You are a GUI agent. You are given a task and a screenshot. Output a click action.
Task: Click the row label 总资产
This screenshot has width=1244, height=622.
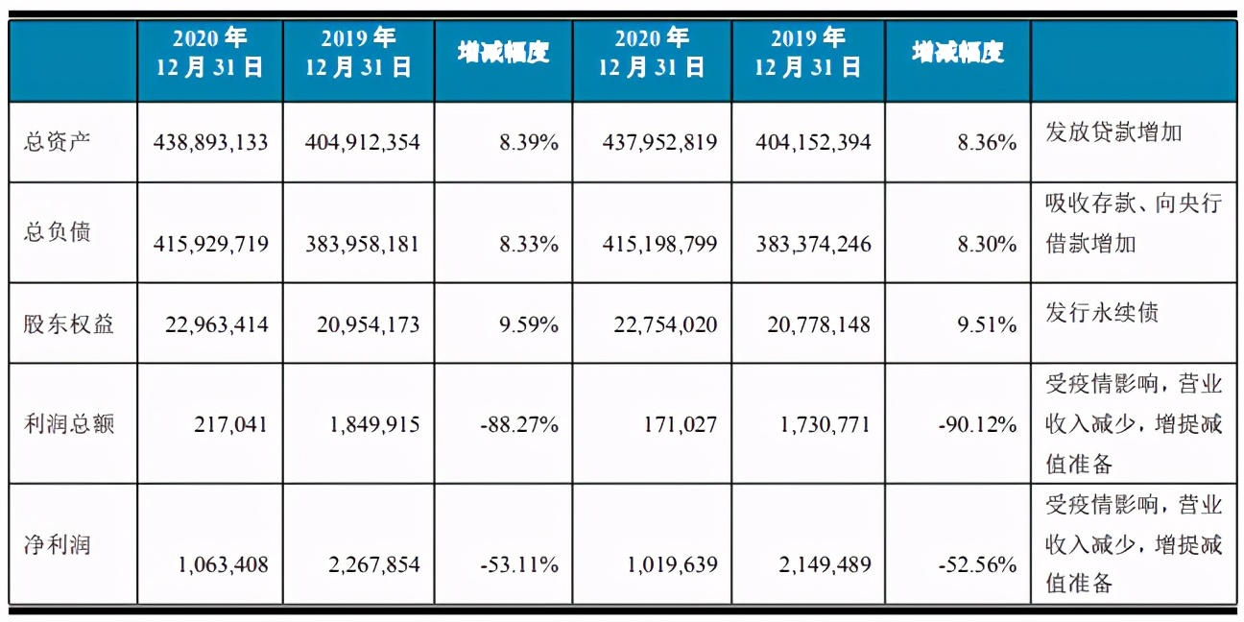tap(58, 143)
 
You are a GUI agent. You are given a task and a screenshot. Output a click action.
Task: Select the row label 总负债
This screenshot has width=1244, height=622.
tap(58, 232)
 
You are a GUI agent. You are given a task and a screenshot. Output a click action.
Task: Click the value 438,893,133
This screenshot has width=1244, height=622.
tap(210, 143)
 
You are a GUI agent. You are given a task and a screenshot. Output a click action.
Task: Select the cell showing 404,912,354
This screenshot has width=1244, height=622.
tap(362, 143)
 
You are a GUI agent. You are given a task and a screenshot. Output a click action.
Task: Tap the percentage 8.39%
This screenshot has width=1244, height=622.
tap(527, 143)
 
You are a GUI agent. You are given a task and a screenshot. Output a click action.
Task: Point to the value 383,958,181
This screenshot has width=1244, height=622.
tap(362, 244)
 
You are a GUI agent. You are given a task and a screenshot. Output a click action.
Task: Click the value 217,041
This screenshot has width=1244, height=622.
tap(230, 423)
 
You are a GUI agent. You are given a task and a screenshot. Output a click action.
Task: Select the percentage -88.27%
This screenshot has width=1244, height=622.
tap(519, 423)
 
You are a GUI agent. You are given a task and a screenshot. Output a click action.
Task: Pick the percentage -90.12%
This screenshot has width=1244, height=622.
tap(978, 423)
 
